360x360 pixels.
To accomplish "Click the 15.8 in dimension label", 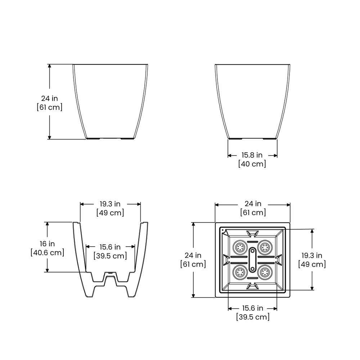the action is tap(252, 155).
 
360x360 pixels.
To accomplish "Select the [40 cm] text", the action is tap(252, 164).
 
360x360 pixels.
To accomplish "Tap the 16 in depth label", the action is tap(47, 244).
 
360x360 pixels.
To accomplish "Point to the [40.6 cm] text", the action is tap(47, 253).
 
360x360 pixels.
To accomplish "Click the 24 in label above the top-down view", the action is tap(253, 204).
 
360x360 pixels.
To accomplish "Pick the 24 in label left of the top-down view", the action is tap(193, 255).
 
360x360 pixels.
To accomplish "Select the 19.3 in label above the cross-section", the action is tap(110, 204).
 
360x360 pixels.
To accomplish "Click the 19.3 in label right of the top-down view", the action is tap(312, 255).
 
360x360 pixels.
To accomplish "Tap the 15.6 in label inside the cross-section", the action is tap(110, 247).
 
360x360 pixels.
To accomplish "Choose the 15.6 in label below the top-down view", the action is tap(253, 308).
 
